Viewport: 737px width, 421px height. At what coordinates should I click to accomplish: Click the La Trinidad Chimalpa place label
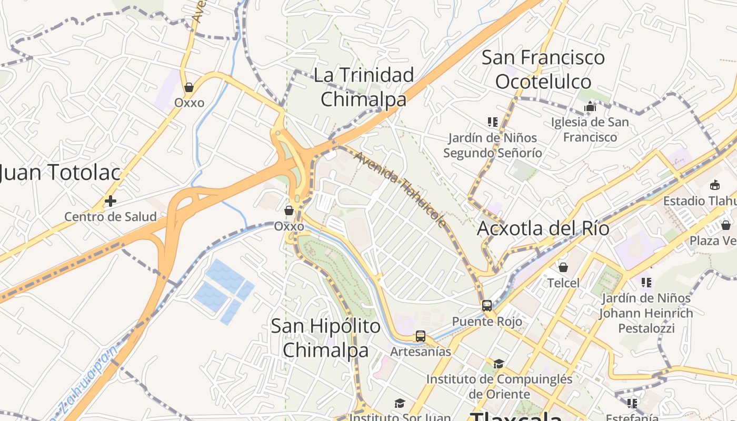coord(364,87)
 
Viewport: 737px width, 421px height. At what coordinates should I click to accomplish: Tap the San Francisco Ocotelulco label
coord(543,69)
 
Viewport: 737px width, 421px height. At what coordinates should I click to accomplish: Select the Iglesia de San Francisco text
coord(590,129)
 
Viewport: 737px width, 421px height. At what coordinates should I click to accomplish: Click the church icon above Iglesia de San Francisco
coord(590,107)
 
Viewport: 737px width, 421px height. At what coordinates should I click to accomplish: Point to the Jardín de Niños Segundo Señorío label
coord(492,145)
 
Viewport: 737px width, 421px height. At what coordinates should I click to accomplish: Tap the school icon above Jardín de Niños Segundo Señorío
coord(493,123)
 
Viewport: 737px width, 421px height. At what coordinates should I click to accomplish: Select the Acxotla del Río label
coord(543,229)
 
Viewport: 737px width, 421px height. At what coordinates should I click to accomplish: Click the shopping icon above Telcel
coord(563,267)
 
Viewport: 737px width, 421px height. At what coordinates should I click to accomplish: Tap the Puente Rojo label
coord(487,321)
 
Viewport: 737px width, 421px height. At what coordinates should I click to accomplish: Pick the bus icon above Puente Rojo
coord(487,305)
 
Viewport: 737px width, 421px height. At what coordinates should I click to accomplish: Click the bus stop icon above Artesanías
coord(420,336)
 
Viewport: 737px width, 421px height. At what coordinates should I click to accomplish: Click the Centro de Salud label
coord(111,216)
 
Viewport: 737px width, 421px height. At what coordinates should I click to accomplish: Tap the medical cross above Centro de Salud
coord(110,201)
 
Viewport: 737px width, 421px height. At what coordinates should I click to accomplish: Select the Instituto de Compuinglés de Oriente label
coord(499,386)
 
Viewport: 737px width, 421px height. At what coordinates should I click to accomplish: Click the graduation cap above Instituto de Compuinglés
coord(499,364)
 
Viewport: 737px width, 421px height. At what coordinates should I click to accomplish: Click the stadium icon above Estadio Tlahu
coord(715,185)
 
